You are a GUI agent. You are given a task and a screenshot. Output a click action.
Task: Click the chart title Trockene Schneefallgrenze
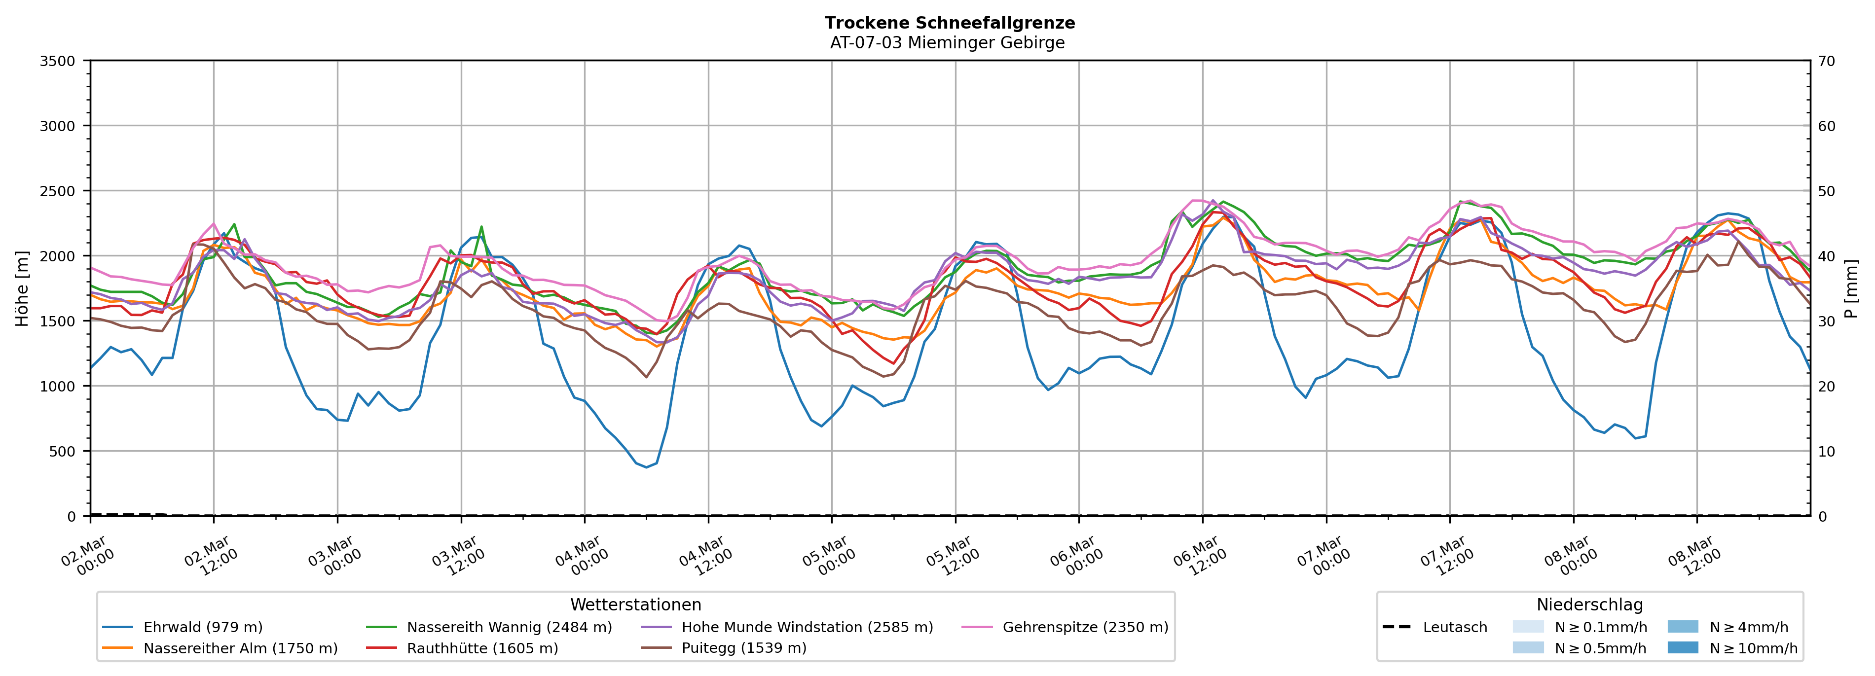click(x=949, y=23)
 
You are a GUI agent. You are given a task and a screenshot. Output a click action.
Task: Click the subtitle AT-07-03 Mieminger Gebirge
click(x=947, y=43)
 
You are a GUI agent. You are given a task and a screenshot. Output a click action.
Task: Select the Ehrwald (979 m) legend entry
click(x=202, y=627)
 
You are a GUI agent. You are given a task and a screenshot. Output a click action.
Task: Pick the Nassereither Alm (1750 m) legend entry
click(x=240, y=648)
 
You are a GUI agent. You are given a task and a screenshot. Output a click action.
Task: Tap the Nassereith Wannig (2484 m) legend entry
click(x=509, y=627)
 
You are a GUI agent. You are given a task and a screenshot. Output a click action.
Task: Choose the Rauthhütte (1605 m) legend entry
click(x=482, y=648)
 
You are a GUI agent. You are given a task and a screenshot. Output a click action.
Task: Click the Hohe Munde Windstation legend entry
click(x=807, y=627)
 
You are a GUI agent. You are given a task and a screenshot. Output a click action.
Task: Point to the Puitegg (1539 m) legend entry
click(x=743, y=648)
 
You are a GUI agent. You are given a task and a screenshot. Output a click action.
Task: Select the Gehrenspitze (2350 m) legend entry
click(x=1085, y=627)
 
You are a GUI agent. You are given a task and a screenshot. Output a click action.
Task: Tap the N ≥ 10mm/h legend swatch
click(x=1682, y=647)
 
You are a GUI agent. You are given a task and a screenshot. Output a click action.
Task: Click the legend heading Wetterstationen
click(x=635, y=605)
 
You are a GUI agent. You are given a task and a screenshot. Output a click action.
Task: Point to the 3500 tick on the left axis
click(x=58, y=61)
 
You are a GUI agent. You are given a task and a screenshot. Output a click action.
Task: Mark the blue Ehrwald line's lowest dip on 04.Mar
click(x=646, y=467)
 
